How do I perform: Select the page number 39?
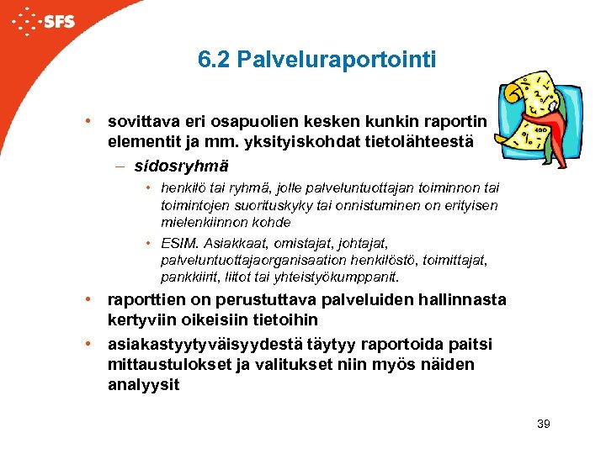click(x=543, y=424)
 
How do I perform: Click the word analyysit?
click(x=143, y=385)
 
